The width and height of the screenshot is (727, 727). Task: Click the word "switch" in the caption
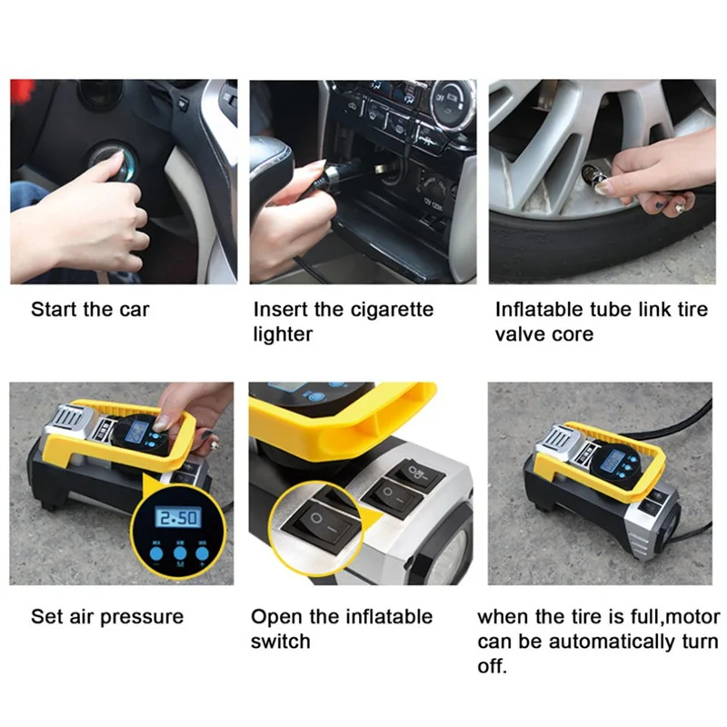coord(281,642)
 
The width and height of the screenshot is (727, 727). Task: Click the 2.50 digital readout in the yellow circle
coord(178,517)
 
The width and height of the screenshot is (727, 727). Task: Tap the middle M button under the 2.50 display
coord(180,553)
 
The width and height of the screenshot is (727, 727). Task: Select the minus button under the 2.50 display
coord(156,553)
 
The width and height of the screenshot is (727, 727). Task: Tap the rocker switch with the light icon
coord(415,473)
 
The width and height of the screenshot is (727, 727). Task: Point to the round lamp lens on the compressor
coord(450,556)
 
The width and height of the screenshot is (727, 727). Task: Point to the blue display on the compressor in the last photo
coord(612,463)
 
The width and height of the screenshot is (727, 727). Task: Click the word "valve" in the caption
coord(517,334)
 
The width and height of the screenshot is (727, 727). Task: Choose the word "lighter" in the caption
coord(283,334)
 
